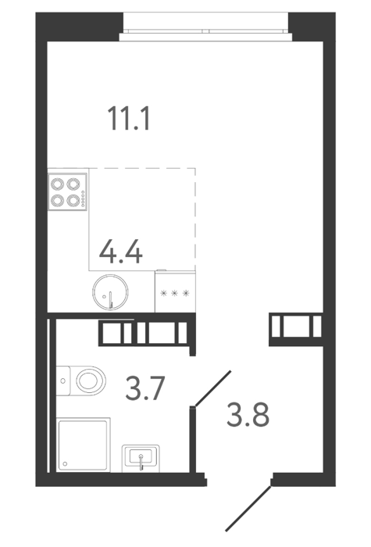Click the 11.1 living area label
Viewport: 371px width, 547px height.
tap(130, 119)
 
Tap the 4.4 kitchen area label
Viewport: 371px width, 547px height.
tap(120, 251)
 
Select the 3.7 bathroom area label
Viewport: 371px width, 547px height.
tap(144, 388)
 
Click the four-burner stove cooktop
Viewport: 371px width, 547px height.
tap(67, 192)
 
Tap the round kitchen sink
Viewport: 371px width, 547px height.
tap(110, 292)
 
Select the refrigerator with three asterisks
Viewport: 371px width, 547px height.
tap(175, 291)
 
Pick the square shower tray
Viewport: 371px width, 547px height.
tap(83, 445)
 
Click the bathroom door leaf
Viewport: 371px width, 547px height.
tap(213, 388)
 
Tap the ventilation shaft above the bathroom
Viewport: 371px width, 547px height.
tap(147, 333)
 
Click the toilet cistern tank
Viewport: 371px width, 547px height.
tap(62, 381)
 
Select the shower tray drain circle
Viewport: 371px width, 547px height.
tap(65, 464)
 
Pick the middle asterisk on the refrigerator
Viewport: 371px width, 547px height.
tap(175, 293)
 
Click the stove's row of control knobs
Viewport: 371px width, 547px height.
tap(83, 199)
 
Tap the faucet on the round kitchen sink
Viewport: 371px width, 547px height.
tap(111, 300)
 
